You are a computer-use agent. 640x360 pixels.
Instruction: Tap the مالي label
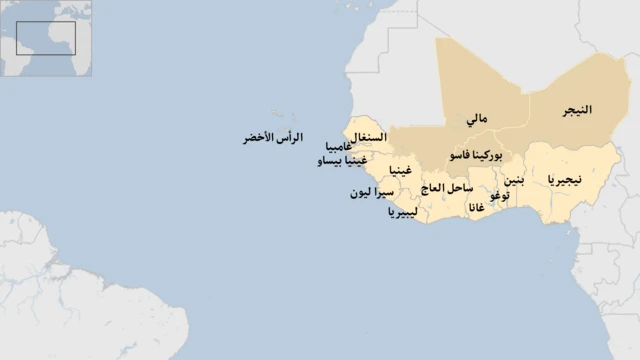tap(477, 120)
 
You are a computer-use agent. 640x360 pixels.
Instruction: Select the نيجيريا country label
tap(565, 179)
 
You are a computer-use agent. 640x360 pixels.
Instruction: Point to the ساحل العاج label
tap(447, 188)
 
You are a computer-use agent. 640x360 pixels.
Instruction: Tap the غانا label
tap(477, 208)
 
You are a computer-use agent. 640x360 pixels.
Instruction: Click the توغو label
tap(500, 196)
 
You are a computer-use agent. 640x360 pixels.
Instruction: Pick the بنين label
tap(512, 181)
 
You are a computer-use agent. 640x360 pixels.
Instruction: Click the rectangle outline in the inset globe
tap(46, 37)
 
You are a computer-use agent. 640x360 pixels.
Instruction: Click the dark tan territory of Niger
tap(580, 90)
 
